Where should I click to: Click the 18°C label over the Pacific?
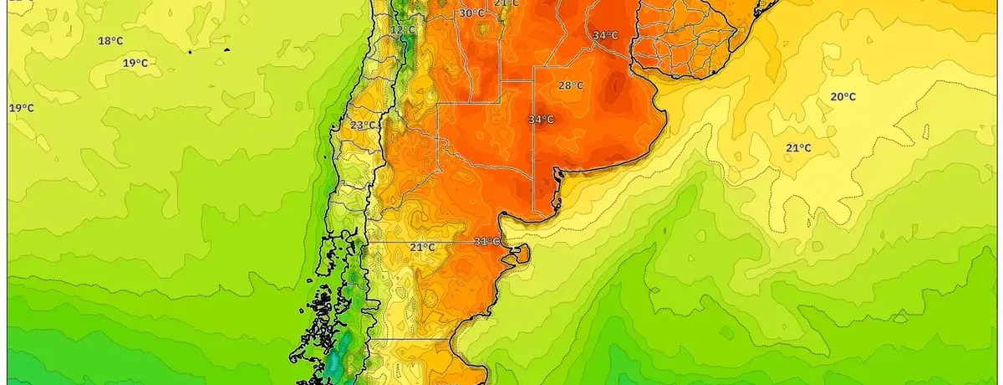pyautogui.click(x=111, y=41)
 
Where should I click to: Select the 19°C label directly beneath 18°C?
pyautogui.click(x=135, y=64)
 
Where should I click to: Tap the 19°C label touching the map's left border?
pyautogui.click(x=22, y=108)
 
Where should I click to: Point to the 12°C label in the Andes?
pyautogui.click(x=403, y=30)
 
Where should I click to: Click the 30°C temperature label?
pyautogui.click(x=471, y=13)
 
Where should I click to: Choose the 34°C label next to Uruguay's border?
pyautogui.click(x=605, y=35)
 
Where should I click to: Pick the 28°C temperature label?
pyautogui.click(x=571, y=85)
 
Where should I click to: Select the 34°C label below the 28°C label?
pyautogui.click(x=541, y=120)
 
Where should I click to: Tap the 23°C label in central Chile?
pyautogui.click(x=363, y=126)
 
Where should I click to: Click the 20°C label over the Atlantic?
pyautogui.click(x=843, y=97)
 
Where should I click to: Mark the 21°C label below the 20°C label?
pyautogui.click(x=798, y=148)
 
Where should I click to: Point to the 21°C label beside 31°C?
pyautogui.click(x=422, y=247)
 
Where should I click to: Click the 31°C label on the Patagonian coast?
pyautogui.click(x=486, y=242)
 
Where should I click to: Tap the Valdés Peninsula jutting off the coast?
pyautogui.click(x=520, y=254)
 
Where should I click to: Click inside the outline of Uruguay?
pyautogui.click(x=681, y=42)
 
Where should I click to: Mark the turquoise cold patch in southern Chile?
pyautogui.click(x=337, y=362)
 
